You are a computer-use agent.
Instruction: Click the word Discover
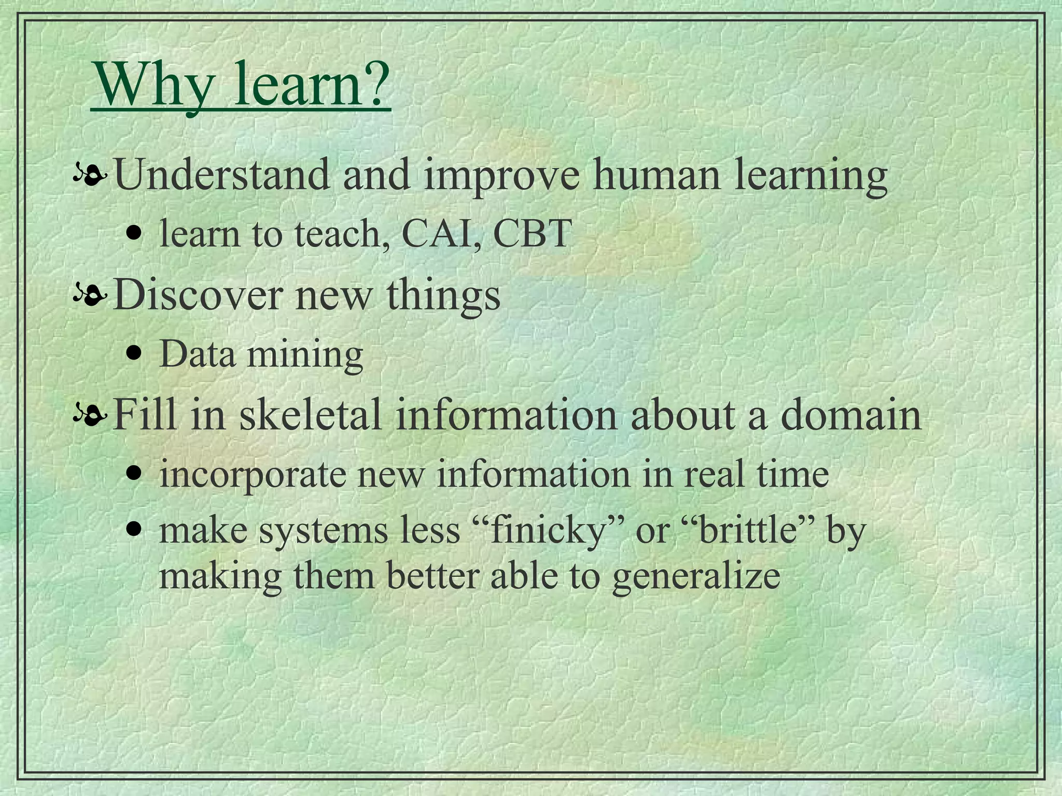pyautogui.click(x=198, y=294)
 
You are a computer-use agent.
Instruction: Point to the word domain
pyautogui.click(x=851, y=414)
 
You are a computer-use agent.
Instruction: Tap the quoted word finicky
pyautogui.click(x=547, y=531)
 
